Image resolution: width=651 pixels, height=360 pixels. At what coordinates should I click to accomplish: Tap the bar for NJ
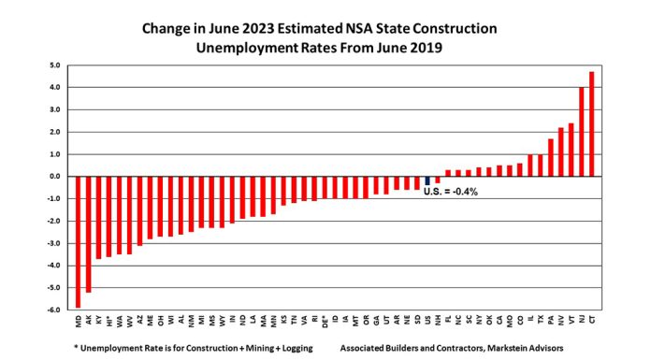pos(582,132)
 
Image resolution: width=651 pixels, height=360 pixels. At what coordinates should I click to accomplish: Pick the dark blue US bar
pos(427,180)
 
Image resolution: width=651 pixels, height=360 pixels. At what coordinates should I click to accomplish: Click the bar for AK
pos(89,234)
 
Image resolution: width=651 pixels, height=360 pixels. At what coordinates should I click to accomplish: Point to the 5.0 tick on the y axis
pos(55,65)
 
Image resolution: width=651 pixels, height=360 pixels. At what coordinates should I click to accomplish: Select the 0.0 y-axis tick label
pos(55,177)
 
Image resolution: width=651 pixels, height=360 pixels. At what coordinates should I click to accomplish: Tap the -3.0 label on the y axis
pos(54,243)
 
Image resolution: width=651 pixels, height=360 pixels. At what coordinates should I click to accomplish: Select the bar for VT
pos(571,150)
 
